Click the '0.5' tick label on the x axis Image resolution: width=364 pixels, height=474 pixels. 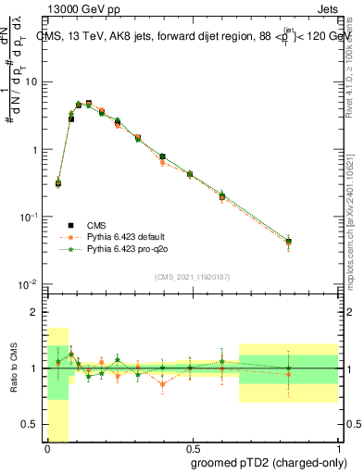pyautogui.click(x=191, y=447)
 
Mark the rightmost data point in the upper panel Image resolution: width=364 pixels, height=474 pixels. pyautogui.click(x=289, y=242)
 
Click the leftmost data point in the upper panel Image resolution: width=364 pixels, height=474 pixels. pyautogui.click(x=58, y=183)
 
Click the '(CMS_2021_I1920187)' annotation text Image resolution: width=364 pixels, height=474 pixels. pyautogui.click(x=192, y=276)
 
